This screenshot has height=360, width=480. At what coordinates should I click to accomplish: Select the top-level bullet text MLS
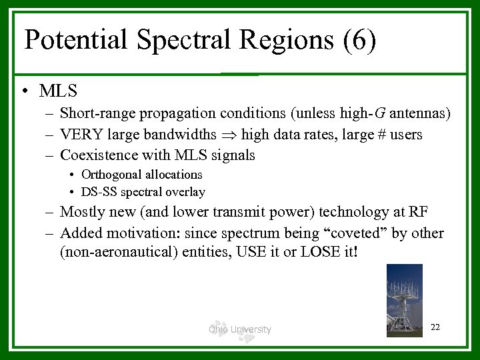click(x=58, y=90)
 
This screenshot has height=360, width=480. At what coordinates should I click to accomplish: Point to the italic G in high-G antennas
click(x=359, y=114)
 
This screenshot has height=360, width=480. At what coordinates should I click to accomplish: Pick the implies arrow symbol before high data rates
click(x=229, y=135)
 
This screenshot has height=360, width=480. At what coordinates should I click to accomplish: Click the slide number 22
click(x=435, y=327)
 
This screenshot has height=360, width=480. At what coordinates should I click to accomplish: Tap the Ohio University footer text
click(x=239, y=329)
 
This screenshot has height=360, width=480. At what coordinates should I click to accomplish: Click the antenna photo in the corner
click(x=404, y=299)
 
